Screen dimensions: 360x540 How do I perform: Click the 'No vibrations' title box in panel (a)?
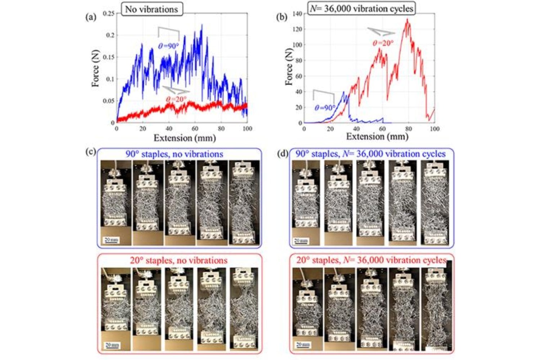pyautogui.click(x=151, y=9)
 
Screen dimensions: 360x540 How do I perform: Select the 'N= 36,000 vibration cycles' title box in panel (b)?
pyautogui.click(x=361, y=8)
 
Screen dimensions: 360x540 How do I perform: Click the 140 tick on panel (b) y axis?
pyautogui.click(x=297, y=14)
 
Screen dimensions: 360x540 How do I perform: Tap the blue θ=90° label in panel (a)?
pyautogui.click(x=168, y=46)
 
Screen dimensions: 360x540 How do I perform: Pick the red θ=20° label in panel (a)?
pyautogui.click(x=176, y=99)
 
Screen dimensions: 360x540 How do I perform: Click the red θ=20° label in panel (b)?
pyautogui.click(x=383, y=43)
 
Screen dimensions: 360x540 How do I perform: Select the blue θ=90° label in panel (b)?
pyautogui.click(x=325, y=108)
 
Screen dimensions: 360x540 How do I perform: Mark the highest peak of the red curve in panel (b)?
pyautogui.click(x=407, y=19)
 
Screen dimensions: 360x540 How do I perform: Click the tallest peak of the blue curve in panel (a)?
pyautogui.click(x=202, y=25)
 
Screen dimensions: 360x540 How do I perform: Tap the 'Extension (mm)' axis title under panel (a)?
pyautogui.click(x=184, y=138)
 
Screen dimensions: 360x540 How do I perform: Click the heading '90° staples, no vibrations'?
pyautogui.click(x=174, y=154)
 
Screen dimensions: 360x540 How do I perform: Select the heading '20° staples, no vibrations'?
pyautogui.click(x=179, y=260)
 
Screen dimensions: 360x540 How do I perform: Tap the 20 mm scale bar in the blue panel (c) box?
pyautogui.click(x=111, y=240)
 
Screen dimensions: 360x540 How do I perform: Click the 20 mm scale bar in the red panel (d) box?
pyautogui.click(x=303, y=345)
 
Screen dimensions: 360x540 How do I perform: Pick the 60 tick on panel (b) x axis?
pyautogui.click(x=382, y=129)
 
